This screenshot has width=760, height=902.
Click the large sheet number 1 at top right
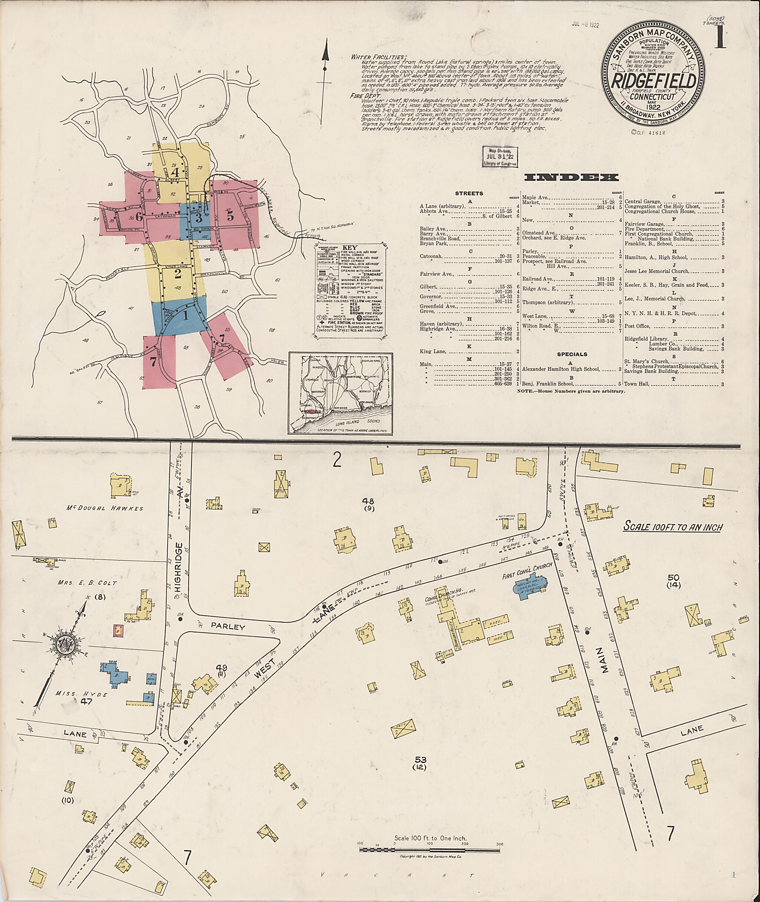coord(719,38)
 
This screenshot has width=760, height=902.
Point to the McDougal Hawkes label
coord(105,508)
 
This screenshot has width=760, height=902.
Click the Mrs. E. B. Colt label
coord(88,583)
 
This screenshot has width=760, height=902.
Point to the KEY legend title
coord(350,248)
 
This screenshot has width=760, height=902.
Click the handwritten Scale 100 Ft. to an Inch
coord(673,527)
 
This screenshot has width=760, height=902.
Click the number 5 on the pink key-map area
coord(230,216)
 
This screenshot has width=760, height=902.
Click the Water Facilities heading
coord(378,57)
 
